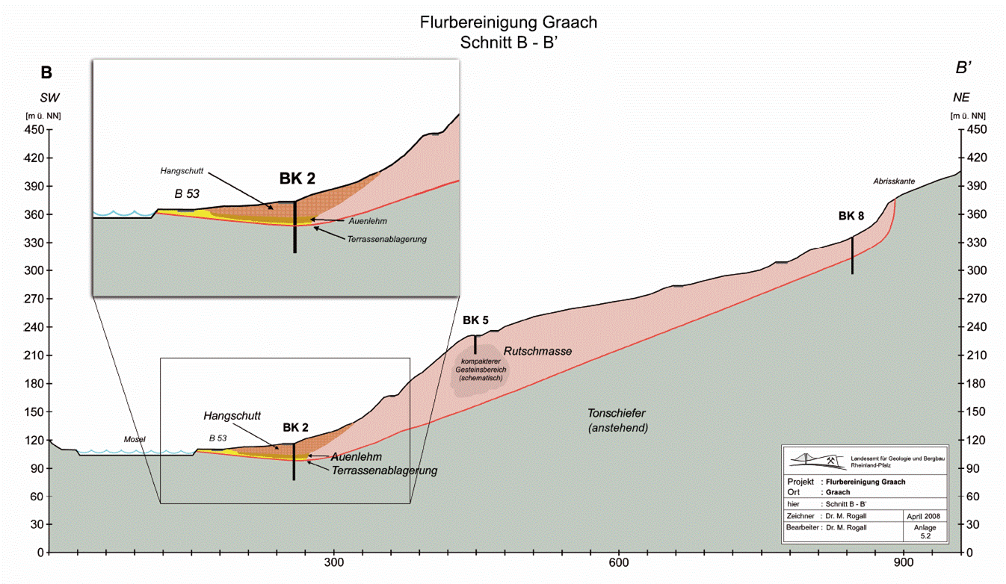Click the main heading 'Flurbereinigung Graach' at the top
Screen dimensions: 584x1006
(508, 22)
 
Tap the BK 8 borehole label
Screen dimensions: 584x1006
(851, 216)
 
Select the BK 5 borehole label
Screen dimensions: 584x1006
(475, 320)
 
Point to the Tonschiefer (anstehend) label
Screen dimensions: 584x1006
(617, 420)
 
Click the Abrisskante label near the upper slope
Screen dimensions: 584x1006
(894, 181)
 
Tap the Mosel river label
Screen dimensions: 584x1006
(135, 439)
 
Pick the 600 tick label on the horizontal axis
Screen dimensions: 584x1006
(618, 562)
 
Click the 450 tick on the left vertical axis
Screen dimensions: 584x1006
(34, 130)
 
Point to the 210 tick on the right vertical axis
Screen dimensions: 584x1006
(976, 355)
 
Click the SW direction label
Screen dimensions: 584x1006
(49, 98)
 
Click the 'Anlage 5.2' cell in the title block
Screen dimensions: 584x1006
(925, 532)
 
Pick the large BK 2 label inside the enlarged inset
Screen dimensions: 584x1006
(297, 178)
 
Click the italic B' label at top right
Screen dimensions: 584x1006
(963, 68)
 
